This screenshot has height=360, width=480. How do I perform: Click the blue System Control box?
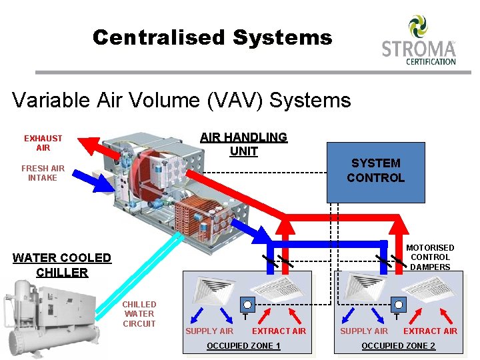tap(375, 171)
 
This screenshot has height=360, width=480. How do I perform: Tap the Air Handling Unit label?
tap(243, 144)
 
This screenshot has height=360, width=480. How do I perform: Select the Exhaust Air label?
tap(43, 143)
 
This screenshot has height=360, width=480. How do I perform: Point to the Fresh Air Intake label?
tap(43, 173)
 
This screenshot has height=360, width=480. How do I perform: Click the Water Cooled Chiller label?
tap(62, 265)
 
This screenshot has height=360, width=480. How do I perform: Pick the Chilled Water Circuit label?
tap(139, 314)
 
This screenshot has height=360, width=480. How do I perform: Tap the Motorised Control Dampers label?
tap(430, 257)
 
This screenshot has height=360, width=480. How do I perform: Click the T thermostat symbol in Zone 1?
tap(247, 305)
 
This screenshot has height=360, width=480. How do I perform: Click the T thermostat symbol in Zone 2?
tap(397, 305)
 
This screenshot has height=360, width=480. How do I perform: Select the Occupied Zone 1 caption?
tap(243, 345)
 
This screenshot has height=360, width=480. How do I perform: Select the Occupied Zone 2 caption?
tap(398, 345)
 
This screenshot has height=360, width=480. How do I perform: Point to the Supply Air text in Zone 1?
tap(209, 331)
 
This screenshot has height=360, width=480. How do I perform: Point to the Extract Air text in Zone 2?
tap(431, 331)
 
